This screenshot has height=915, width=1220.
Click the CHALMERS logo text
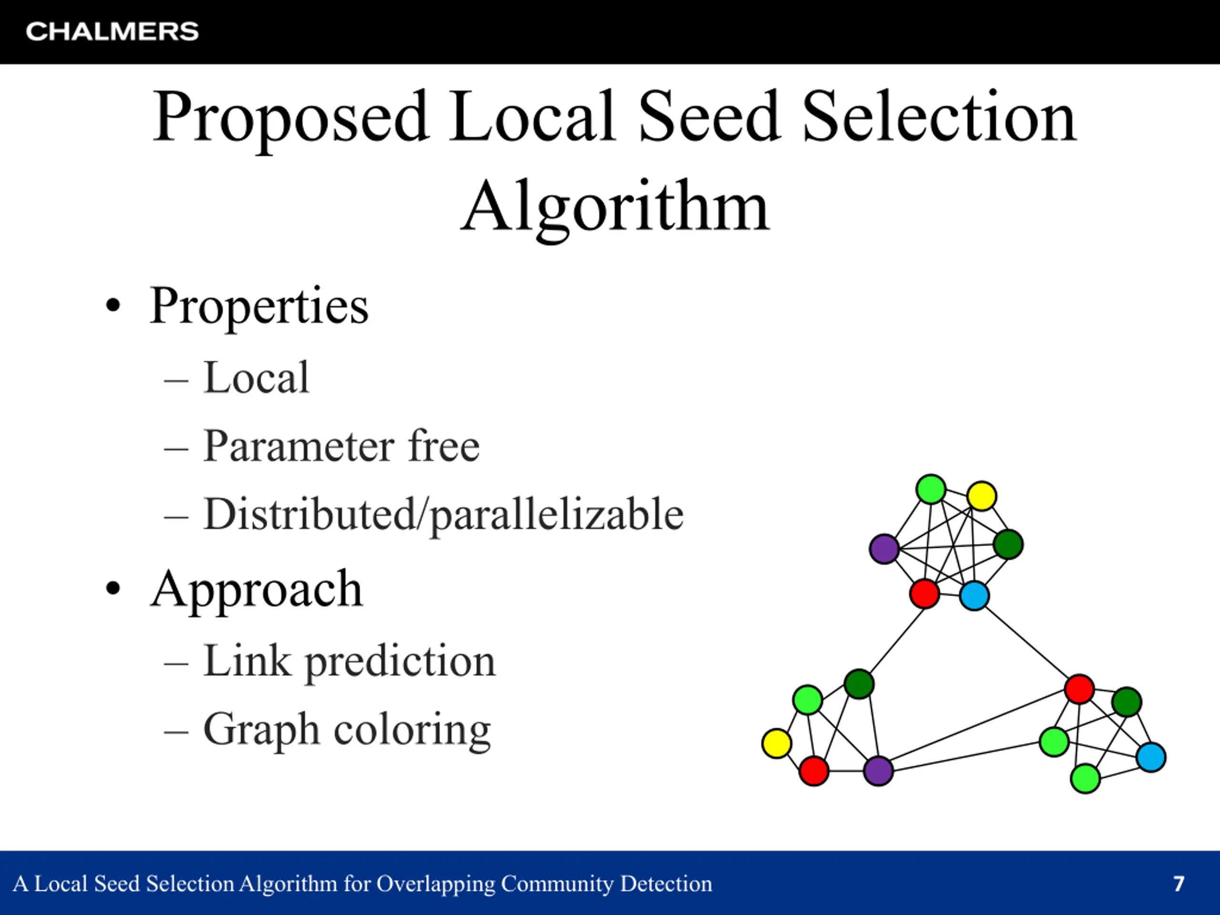point(112,31)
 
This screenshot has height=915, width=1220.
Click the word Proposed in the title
point(291,119)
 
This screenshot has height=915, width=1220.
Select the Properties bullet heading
point(259,306)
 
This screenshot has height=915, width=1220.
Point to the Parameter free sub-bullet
point(341,446)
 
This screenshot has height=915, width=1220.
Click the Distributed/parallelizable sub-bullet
point(443,515)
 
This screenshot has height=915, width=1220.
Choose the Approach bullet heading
point(256,590)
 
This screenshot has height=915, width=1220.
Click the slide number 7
point(1179,884)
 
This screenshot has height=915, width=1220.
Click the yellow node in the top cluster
point(982,496)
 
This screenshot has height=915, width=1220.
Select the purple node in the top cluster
point(884,549)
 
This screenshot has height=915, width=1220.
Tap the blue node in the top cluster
point(975,596)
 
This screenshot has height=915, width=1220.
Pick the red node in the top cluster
point(925,594)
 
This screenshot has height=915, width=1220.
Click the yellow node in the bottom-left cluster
point(777,743)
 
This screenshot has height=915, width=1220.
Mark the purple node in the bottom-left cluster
point(878,771)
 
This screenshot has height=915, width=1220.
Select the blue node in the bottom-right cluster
point(1151,757)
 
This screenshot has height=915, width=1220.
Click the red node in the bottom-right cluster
point(1079,689)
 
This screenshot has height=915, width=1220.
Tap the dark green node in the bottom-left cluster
point(859,684)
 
